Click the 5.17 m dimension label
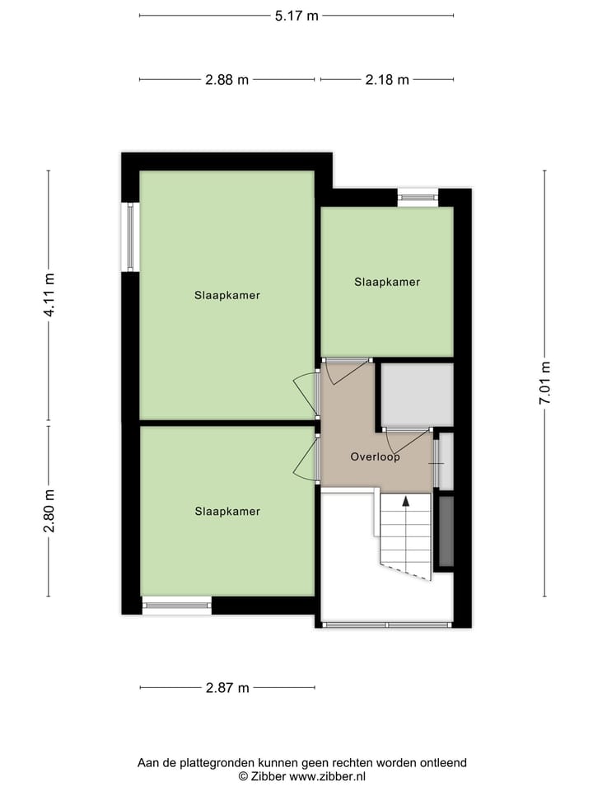[296, 15]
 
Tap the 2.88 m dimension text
[226, 80]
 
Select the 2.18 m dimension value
[387, 80]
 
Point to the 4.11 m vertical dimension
[49, 295]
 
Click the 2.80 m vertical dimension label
[49, 511]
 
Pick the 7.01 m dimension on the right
[544, 383]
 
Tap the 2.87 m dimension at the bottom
[226, 688]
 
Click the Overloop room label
[375, 456]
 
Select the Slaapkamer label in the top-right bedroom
[387, 282]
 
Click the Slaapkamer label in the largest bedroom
[227, 295]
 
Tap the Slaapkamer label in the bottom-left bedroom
[227, 512]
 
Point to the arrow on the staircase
[405, 501]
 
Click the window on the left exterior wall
[130, 236]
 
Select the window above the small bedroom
[418, 197]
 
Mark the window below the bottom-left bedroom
[177, 606]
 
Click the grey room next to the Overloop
[418, 394]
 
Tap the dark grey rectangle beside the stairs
[446, 531]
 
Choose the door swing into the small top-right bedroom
[346, 371]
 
